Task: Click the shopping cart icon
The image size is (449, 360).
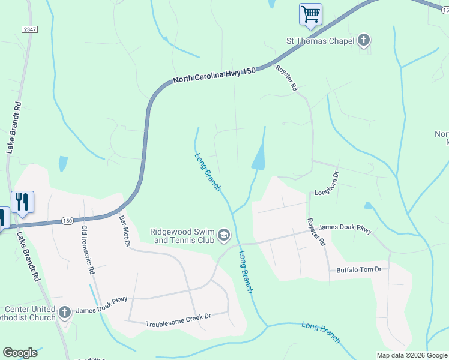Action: [x=310, y=14]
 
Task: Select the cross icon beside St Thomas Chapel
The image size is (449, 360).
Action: [x=363, y=41]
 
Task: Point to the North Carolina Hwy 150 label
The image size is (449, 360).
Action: [x=214, y=75]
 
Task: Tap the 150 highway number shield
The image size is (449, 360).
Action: [x=67, y=221]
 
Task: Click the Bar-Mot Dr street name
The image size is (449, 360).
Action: [x=125, y=227]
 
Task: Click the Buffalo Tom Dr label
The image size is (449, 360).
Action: [x=358, y=269]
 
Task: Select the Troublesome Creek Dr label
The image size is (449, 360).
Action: [x=178, y=320]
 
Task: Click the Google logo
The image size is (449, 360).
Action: [x=20, y=353]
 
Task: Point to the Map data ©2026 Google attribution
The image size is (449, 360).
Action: [x=411, y=355]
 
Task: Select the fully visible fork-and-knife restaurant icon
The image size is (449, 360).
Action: [x=22, y=202]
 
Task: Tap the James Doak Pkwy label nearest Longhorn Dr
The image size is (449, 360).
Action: [x=345, y=229]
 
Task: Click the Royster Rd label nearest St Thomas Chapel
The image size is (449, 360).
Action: [x=286, y=78]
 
